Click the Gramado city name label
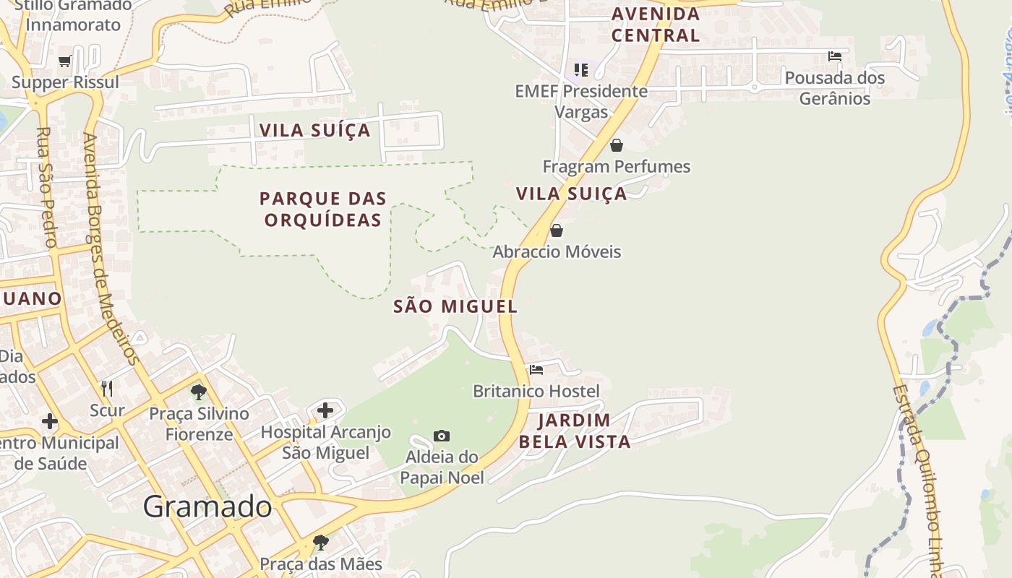(x=207, y=507)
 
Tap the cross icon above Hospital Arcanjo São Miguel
(x=325, y=410)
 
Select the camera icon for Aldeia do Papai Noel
(x=442, y=436)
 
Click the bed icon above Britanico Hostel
(x=536, y=370)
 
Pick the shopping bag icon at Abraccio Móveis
(x=557, y=230)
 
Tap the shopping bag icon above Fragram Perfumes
(x=617, y=145)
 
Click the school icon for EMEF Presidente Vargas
(x=581, y=70)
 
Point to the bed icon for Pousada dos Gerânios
(x=835, y=56)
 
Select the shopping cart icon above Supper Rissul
(x=65, y=61)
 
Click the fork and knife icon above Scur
(x=107, y=389)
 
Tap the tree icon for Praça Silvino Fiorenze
(x=199, y=392)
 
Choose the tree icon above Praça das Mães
(x=320, y=542)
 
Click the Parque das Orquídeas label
(x=323, y=209)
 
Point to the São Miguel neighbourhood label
(x=455, y=306)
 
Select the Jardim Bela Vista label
(x=575, y=431)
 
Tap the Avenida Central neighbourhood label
(x=656, y=24)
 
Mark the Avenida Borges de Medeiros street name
(x=110, y=249)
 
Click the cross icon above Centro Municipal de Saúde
(x=50, y=420)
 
